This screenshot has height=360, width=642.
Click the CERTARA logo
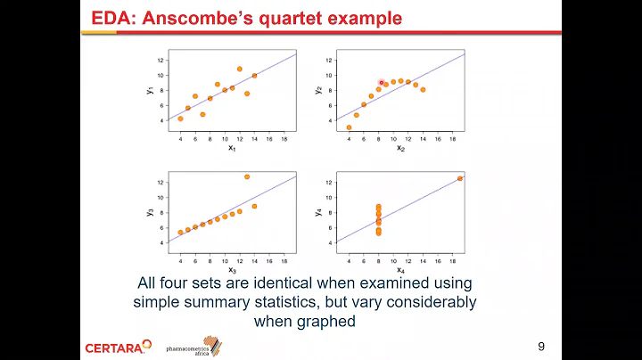coord(114,347)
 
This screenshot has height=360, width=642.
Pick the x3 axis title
coord(233,269)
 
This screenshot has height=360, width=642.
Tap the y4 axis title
coord(317,212)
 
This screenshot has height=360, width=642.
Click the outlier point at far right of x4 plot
coord(460,178)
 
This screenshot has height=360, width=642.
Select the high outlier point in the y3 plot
coord(247,176)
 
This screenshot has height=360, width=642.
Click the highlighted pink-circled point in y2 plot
coord(381,82)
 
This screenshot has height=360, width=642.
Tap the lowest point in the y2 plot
coord(349,127)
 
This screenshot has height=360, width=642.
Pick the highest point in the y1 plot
coord(240,69)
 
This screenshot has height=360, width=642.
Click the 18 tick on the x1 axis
coord(284,139)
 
